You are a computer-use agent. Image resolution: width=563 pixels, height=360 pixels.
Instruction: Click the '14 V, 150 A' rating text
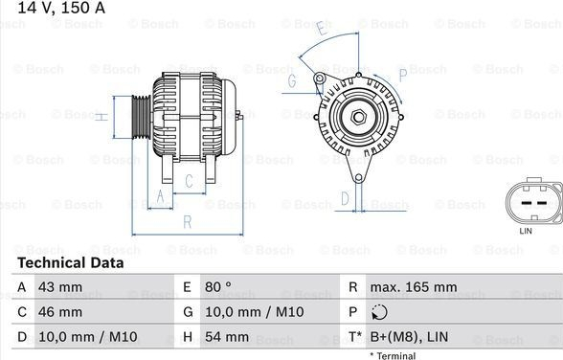tap(61, 8)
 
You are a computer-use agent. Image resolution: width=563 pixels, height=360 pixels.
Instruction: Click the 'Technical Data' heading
tap(71, 262)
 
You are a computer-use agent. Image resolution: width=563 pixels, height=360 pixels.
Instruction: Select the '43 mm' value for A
tap(60, 287)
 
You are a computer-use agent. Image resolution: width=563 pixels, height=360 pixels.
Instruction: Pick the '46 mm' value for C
tap(60, 312)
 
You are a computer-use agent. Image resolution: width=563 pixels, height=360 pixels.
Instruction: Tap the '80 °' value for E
tap(218, 287)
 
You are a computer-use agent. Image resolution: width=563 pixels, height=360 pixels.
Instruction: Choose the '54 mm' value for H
tap(227, 337)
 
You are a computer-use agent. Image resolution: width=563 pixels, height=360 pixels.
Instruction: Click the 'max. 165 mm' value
tap(414, 287)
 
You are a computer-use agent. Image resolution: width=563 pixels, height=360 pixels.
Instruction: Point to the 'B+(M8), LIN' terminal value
tap(409, 337)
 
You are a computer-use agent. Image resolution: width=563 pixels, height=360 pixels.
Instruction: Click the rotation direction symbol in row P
tap(379, 312)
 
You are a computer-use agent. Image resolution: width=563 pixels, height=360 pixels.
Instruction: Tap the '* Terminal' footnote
tap(393, 356)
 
